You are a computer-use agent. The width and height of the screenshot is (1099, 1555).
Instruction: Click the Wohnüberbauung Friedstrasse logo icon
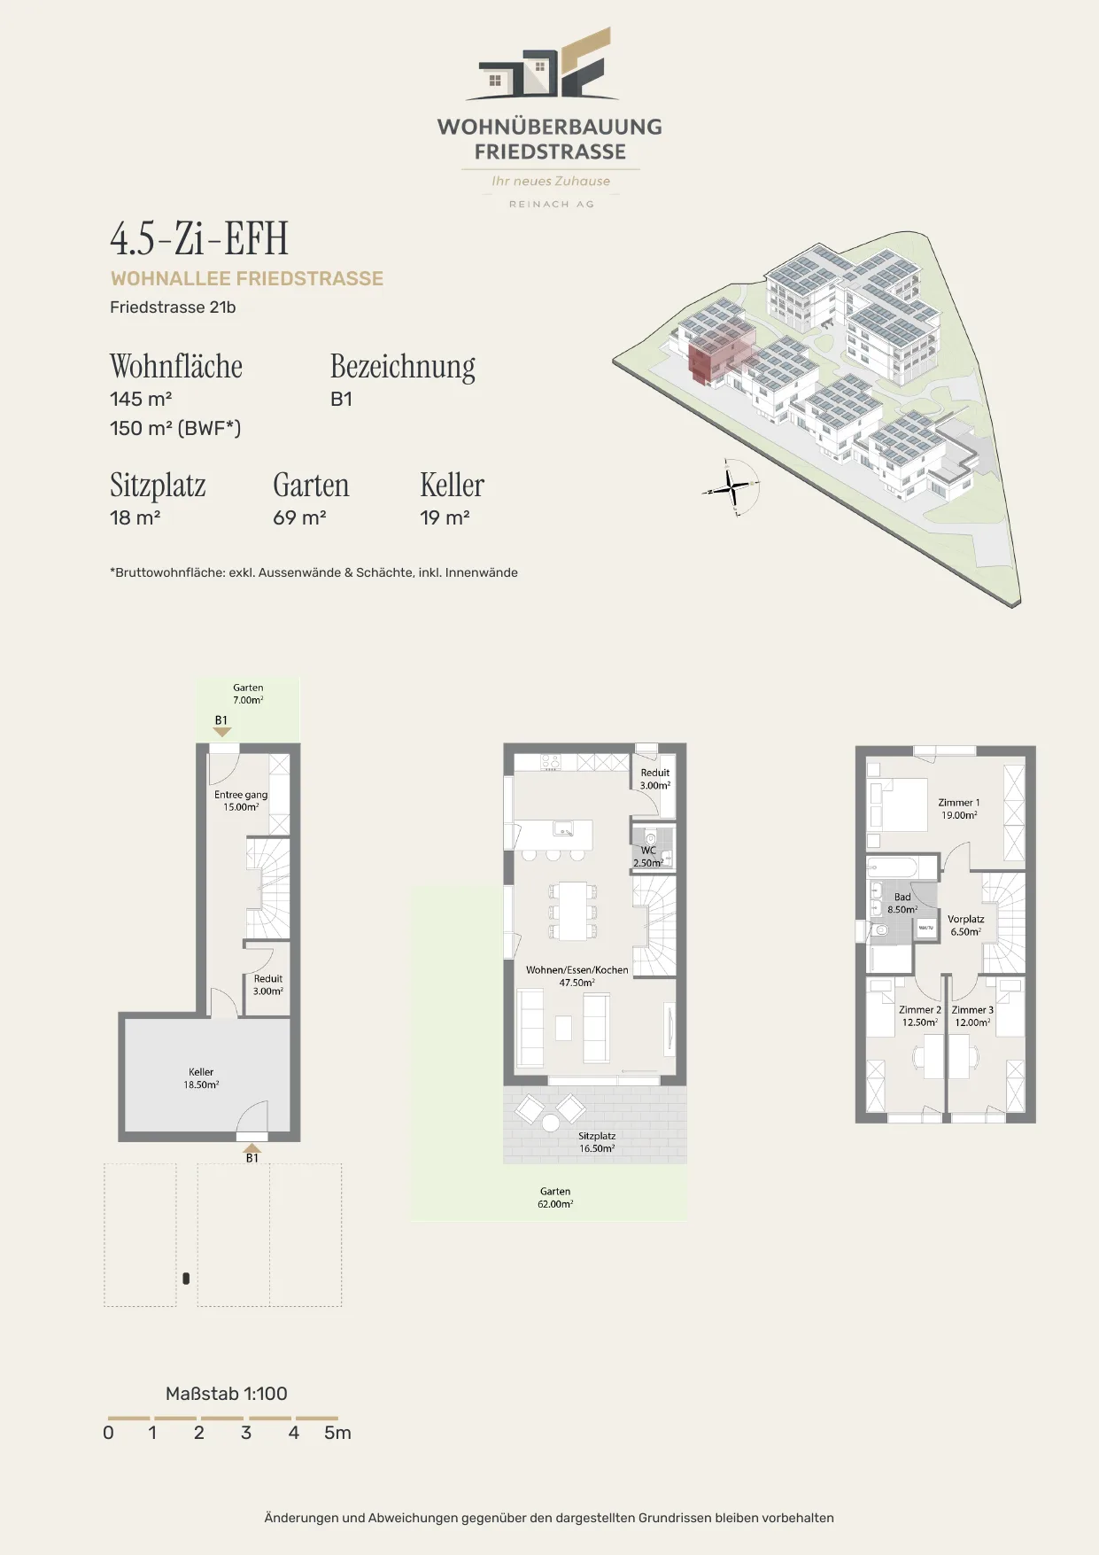click(x=542, y=64)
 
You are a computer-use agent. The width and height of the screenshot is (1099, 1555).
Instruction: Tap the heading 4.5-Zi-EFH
click(x=199, y=238)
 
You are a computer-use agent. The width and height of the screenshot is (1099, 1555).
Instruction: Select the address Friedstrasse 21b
click(x=173, y=307)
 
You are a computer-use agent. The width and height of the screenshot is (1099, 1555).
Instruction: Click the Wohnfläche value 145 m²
click(x=141, y=399)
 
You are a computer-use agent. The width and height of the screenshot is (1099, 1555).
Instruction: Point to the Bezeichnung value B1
click(x=341, y=399)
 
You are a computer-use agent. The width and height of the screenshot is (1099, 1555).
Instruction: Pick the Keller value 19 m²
click(x=445, y=517)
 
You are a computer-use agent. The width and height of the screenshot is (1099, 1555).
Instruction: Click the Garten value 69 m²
click(x=299, y=517)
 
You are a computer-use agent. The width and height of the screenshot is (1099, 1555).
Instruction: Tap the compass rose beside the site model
click(x=732, y=486)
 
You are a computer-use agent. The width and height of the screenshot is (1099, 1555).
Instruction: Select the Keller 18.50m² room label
click(x=201, y=1078)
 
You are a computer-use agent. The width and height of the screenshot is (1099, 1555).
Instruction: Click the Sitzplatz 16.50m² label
click(x=597, y=1141)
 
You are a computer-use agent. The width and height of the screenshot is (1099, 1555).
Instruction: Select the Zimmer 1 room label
click(x=959, y=808)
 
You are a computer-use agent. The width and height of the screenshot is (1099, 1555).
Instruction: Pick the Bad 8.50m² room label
click(x=902, y=903)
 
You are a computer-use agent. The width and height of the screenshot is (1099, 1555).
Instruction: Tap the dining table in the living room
click(x=573, y=910)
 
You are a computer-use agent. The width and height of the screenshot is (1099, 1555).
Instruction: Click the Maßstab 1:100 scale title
click(x=227, y=1394)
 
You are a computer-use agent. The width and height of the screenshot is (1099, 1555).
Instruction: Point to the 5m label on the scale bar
click(x=337, y=1433)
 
